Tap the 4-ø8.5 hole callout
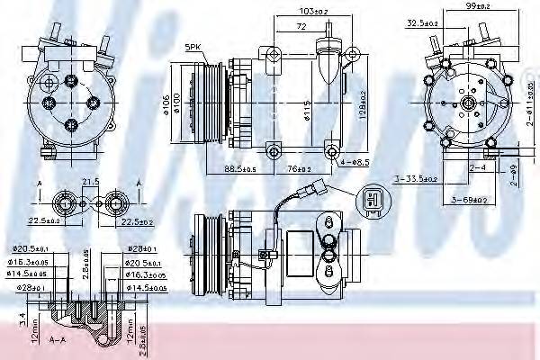pyautogui.click(x=355, y=163)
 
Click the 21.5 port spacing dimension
pyautogui.click(x=89, y=183)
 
